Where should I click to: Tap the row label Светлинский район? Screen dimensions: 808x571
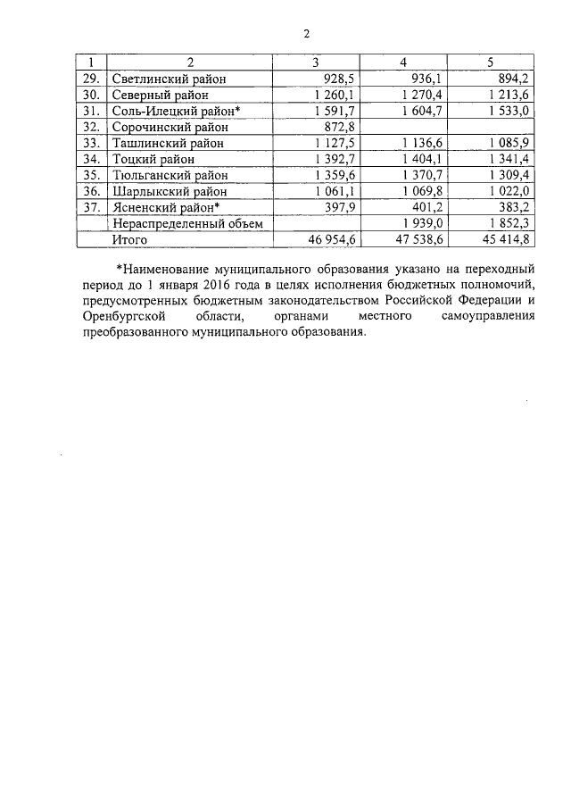pos(169,79)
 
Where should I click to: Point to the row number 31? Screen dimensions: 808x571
pos(89,111)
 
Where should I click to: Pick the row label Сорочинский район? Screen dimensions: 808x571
pos(168,127)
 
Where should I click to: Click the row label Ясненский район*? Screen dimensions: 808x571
pos(167,207)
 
